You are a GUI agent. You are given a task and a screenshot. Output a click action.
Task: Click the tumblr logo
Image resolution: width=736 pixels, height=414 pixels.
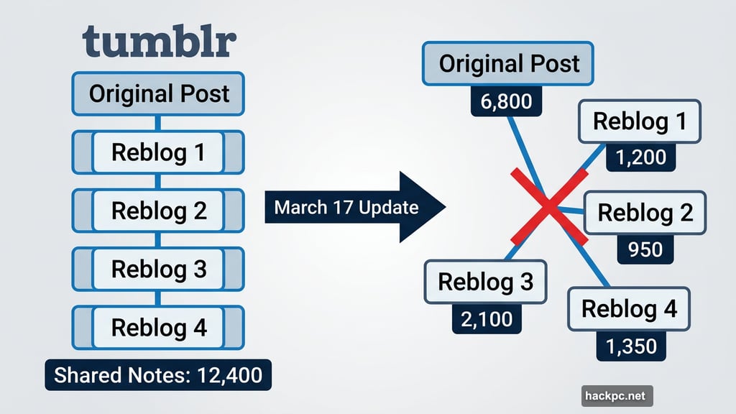tap(159, 42)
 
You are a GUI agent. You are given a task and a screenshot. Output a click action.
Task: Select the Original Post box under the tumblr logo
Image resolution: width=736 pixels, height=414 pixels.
tap(159, 93)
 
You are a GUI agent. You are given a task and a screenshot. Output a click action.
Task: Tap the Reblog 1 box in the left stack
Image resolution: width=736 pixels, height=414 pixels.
tap(159, 152)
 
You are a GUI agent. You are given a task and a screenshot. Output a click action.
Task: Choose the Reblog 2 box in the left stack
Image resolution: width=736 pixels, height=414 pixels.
tap(159, 211)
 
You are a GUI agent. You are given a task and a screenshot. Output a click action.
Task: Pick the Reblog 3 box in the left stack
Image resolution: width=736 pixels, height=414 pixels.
tap(159, 269)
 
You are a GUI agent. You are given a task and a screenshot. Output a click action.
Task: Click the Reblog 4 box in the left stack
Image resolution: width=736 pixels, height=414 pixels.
tap(159, 328)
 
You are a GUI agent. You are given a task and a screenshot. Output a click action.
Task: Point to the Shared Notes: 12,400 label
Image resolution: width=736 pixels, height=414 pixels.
tap(158, 375)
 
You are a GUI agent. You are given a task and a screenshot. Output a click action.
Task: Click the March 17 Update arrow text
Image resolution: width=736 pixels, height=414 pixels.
tap(346, 208)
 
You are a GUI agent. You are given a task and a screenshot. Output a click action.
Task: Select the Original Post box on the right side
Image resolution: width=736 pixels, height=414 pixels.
tap(509, 64)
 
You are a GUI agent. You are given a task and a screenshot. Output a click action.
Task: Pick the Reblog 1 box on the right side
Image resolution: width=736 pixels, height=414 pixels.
tap(639, 121)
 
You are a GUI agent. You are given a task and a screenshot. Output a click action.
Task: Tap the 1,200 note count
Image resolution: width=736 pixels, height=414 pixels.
tap(640, 157)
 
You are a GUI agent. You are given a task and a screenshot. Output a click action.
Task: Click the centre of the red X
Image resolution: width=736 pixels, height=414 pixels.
tap(548, 207)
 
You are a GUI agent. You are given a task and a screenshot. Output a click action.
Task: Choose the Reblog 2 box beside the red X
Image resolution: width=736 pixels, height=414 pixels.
tap(645, 213)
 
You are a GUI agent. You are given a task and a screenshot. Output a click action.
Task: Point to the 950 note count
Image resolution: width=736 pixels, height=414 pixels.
tap(645, 249)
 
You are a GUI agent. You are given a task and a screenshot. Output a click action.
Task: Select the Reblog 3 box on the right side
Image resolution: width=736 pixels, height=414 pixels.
tap(486, 282)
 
